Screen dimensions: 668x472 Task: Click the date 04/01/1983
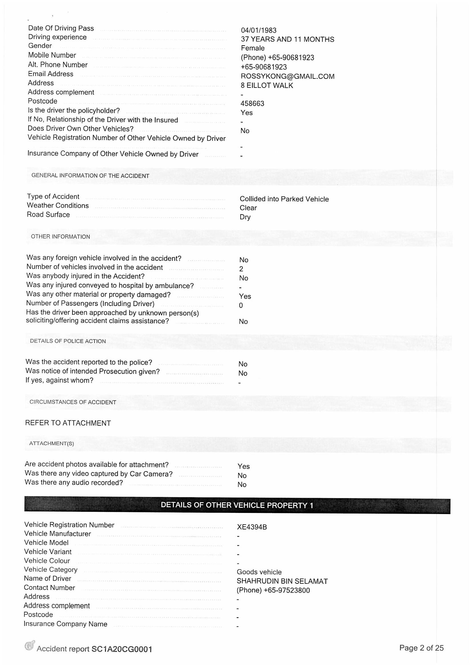click(258, 30)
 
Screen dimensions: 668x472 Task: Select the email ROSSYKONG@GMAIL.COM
click(287, 76)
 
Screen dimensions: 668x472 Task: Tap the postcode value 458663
click(252, 104)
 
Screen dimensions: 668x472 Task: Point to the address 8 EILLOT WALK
click(267, 86)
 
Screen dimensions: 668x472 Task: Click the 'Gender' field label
click(40, 46)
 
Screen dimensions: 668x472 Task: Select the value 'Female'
click(253, 48)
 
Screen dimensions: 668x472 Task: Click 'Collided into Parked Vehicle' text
click(284, 199)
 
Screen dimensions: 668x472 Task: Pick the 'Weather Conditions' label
click(58, 205)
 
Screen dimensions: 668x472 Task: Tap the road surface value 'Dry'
click(245, 217)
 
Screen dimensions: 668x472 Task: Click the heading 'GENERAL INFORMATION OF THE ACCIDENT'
click(90, 176)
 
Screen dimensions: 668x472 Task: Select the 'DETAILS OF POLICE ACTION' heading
click(68, 341)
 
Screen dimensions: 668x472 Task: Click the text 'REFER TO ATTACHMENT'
click(68, 423)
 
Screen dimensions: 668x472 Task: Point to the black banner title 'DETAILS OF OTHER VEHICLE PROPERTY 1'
click(237, 505)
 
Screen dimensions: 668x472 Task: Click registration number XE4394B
click(252, 527)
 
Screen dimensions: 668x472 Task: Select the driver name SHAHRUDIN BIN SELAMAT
click(282, 581)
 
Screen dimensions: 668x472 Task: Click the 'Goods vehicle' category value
click(259, 572)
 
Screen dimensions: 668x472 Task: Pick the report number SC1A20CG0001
click(122, 649)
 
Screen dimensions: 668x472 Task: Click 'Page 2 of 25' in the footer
click(421, 648)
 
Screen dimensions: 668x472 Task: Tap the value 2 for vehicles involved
click(241, 269)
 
